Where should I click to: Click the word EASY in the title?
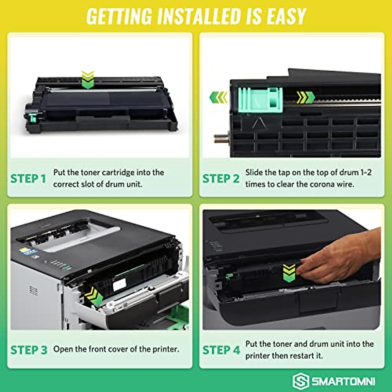pos(286,16)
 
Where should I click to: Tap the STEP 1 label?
pos(28,179)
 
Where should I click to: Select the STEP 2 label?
pos(221,179)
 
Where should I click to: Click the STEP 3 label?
pos(29,350)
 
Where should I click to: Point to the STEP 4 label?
pos(221,350)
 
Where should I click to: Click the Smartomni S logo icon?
pos(300,381)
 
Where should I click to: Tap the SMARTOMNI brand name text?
pos(343,381)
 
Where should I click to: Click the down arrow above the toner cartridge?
pos(88,80)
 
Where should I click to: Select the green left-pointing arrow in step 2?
pos(218,97)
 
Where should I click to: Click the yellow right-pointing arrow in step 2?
pos(305,97)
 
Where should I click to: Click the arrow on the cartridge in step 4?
pos(289,273)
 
